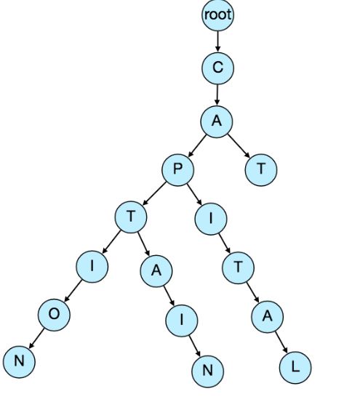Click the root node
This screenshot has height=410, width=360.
[x=217, y=15]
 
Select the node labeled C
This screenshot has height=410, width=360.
[x=217, y=68]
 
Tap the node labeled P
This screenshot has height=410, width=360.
[x=178, y=169]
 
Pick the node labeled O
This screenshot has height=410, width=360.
[x=54, y=315]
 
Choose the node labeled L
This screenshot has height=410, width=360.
[x=295, y=367]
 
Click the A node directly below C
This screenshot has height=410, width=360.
[x=217, y=121]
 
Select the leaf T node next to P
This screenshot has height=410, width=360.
[x=261, y=169]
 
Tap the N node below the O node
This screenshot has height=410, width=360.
[x=19, y=361]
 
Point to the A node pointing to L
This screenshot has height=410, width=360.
[x=267, y=317]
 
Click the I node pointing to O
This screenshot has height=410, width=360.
[x=92, y=267]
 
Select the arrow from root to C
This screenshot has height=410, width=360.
[x=217, y=41]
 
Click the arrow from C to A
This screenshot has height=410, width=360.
[x=217, y=95]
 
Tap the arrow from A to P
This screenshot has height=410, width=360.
[x=197, y=145]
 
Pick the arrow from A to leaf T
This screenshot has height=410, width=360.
[x=239, y=146]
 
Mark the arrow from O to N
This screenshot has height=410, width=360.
[x=36, y=338]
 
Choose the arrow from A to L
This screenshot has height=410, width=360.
[x=281, y=342]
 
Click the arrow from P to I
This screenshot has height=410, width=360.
[x=194, y=194]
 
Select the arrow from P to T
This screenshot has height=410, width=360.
[x=154, y=193]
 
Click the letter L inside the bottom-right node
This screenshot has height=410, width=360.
[x=295, y=367]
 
